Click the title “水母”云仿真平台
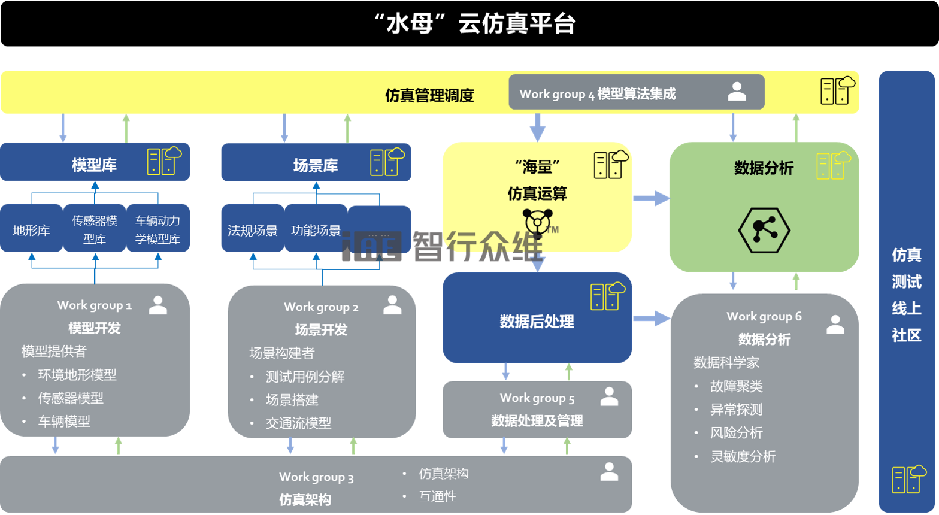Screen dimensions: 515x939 coord(474,25)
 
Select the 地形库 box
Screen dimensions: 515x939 coord(31,230)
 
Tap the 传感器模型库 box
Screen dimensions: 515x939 coord(95,229)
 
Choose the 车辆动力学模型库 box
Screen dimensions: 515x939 coord(157,229)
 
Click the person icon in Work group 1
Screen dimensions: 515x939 coord(158,305)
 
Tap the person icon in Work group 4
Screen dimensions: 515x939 coord(737,92)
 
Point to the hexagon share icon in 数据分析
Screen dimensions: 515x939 coord(764,230)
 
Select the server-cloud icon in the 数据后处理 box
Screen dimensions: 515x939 coord(607,296)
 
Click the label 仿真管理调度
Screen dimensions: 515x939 coord(429,95)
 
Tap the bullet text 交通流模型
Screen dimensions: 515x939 coord(298,423)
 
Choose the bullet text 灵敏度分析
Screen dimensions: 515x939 coord(743,457)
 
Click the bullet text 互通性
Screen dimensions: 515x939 coord(438,496)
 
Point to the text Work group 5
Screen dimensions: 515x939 coord(537,398)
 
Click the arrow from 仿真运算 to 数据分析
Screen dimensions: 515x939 coord(651,198)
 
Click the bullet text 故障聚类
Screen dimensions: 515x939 coord(737,387)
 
